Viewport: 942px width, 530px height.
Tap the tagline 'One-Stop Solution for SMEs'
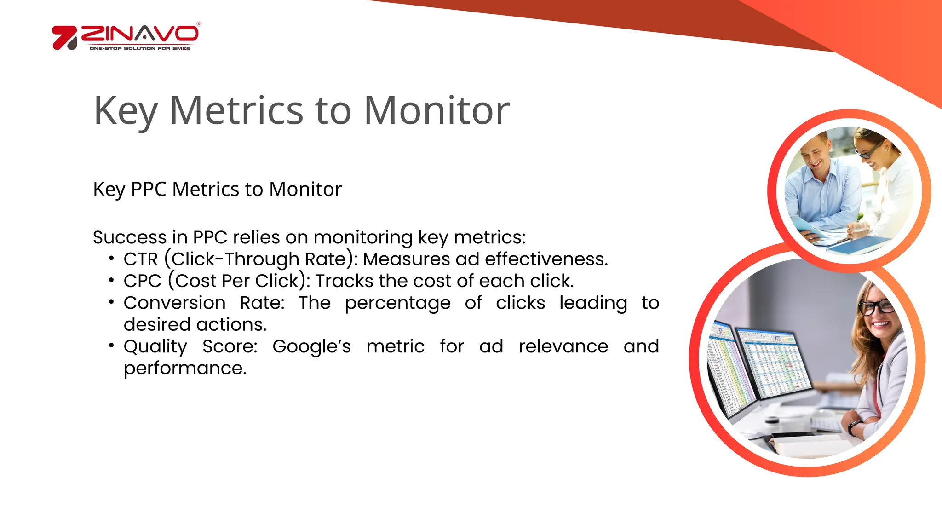139,48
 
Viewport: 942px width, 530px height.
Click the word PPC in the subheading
148,189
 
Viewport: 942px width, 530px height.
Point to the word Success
129,237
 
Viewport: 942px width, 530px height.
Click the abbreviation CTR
140,259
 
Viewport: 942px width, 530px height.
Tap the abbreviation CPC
142,281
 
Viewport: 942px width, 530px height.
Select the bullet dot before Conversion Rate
111,302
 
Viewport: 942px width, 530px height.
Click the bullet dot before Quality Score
111,346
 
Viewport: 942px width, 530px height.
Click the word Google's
311,346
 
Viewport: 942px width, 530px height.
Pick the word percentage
397,303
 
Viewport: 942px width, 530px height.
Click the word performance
185,368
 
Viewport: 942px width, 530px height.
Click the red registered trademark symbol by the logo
199,24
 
